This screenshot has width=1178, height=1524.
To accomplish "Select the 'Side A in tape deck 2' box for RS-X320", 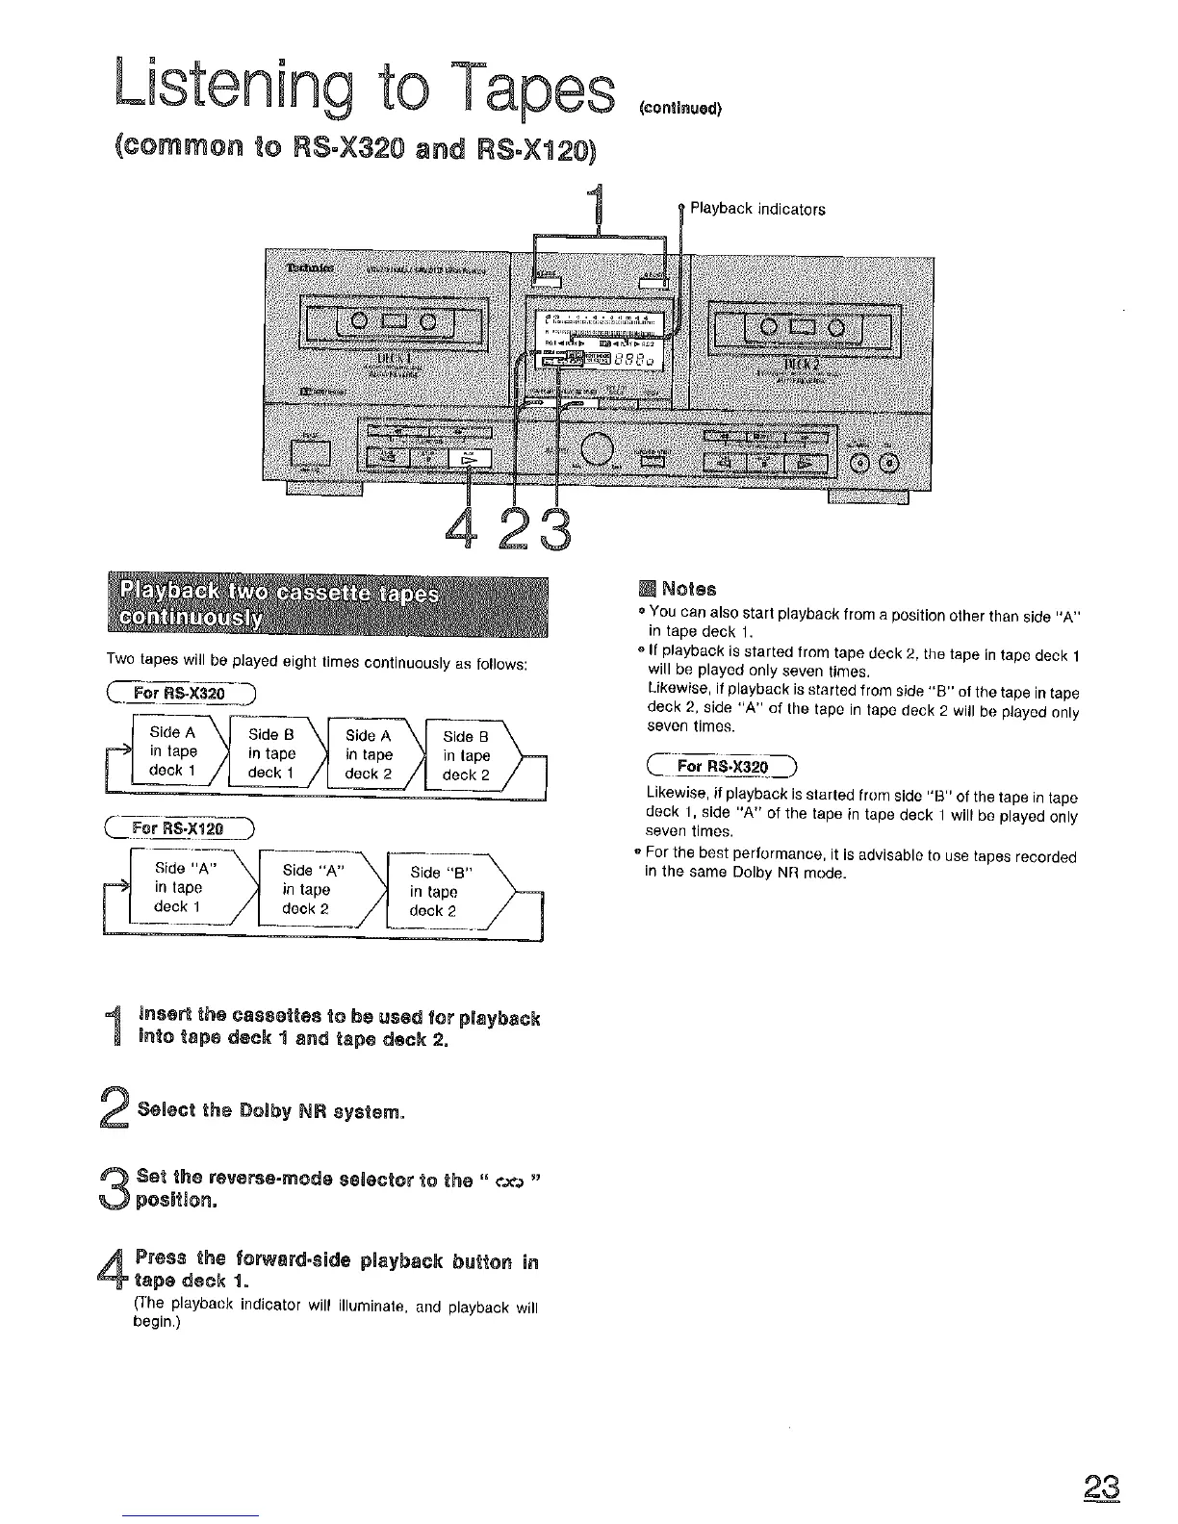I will click(x=368, y=753).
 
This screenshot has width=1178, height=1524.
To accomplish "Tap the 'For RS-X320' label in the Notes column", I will click(x=723, y=767).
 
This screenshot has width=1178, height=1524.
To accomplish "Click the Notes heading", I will click(x=689, y=589).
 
